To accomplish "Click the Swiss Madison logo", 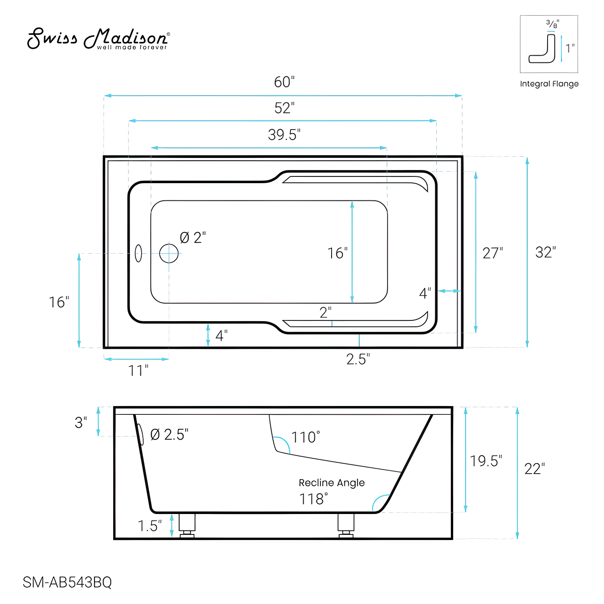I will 98,39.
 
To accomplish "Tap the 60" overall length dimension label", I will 284,82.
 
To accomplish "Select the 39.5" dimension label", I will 284,135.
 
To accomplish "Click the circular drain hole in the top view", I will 169,253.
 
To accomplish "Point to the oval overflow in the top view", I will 138,253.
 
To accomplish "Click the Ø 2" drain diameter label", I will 193,238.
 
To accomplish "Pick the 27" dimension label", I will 492,253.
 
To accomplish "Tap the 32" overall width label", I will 546,252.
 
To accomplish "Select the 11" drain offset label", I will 138,371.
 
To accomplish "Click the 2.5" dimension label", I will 358,359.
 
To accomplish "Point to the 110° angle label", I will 306,437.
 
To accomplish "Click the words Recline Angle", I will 332,483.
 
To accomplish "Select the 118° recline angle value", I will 314,499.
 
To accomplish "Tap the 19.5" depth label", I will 486,461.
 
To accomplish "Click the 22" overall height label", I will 534,469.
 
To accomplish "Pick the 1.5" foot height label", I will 150,526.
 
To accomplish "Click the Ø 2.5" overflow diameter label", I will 169,434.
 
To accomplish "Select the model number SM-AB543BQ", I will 67,582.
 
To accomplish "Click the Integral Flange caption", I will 549,84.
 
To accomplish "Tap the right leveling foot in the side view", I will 346,526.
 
